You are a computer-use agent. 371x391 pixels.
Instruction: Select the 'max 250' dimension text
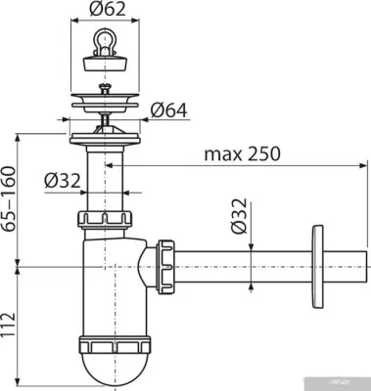243,153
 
